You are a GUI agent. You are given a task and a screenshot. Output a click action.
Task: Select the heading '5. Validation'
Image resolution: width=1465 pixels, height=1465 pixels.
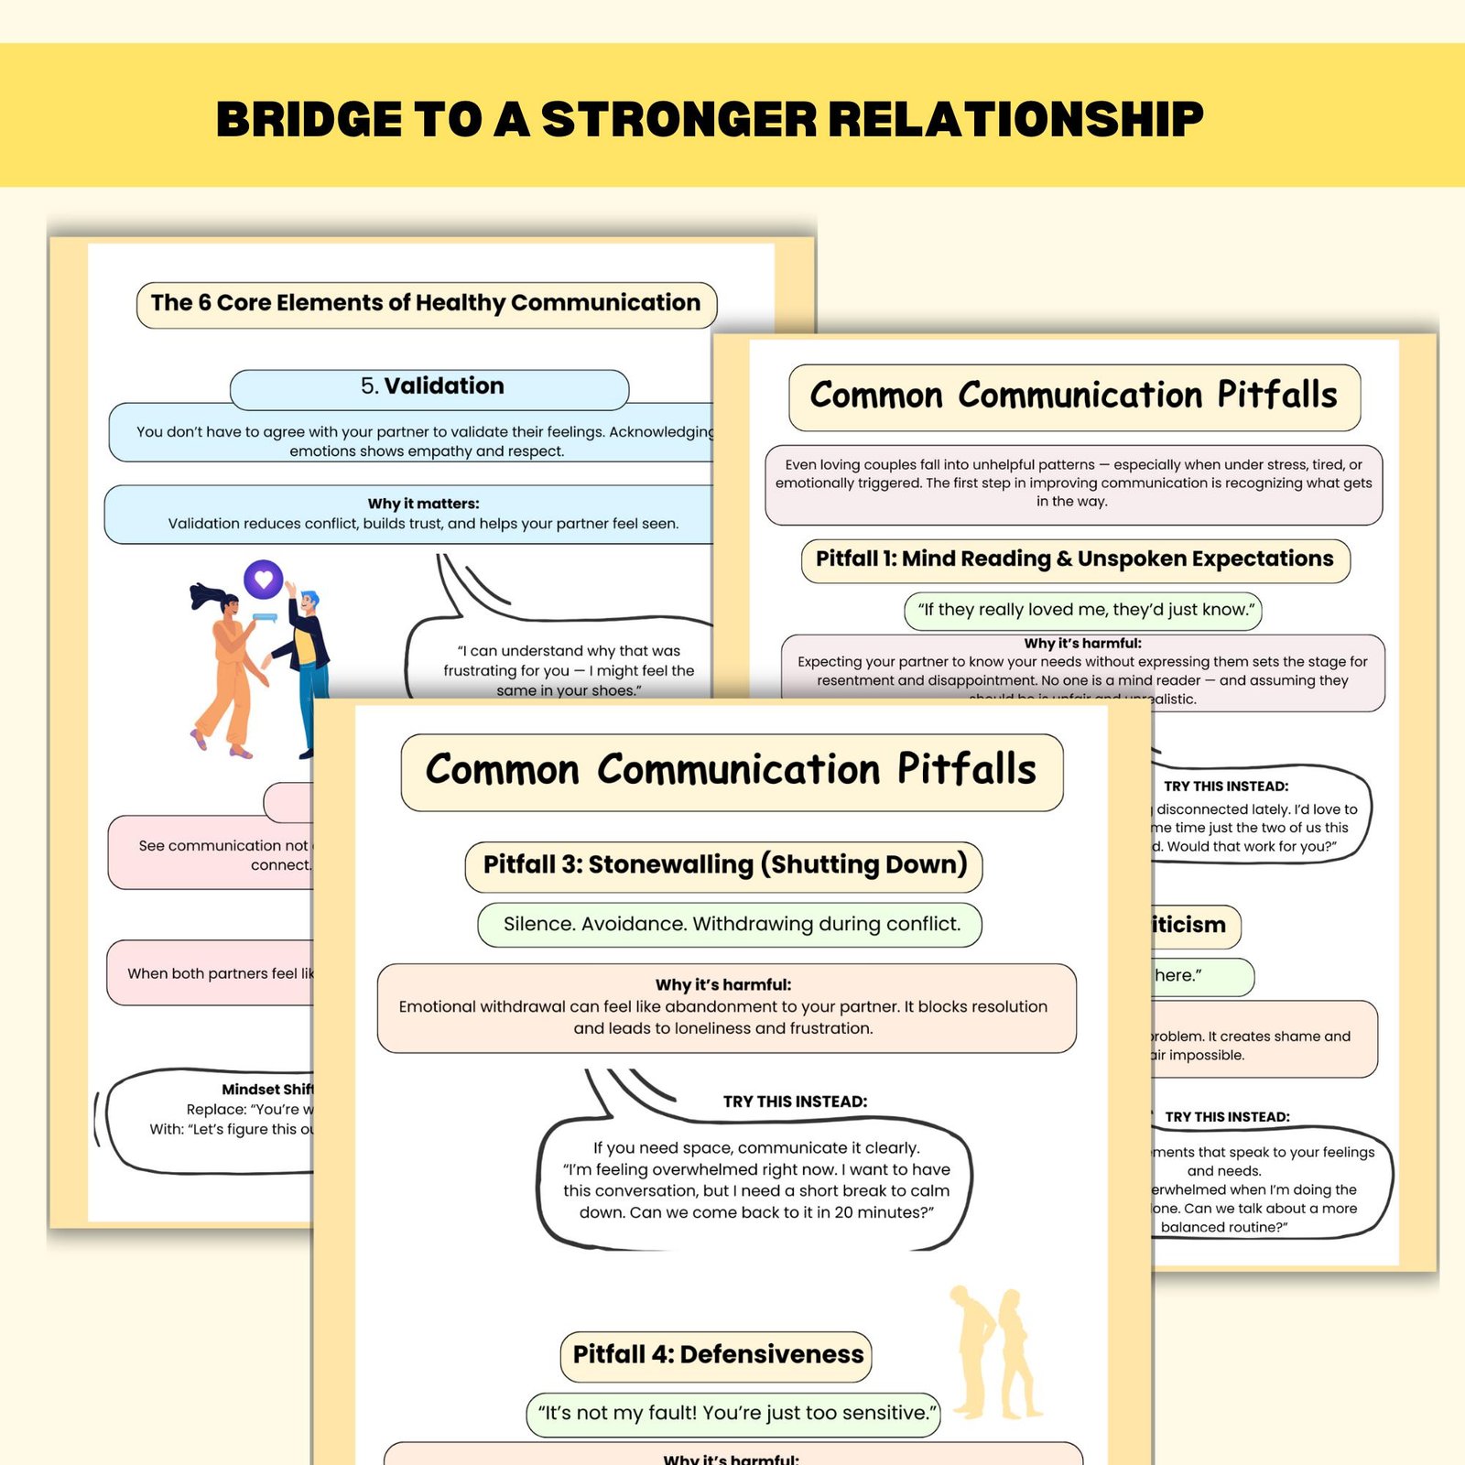pos(431,386)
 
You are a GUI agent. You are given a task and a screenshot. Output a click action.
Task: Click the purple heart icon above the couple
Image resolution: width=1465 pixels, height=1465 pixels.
pos(264,579)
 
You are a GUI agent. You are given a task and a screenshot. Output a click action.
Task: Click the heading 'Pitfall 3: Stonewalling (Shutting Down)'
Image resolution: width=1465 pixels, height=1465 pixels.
pos(724,865)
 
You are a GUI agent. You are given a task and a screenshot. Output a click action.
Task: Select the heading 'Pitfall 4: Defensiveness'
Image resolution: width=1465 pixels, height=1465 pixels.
pos(717,1355)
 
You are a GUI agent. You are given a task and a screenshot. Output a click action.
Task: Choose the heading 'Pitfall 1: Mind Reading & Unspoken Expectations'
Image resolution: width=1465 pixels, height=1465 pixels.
pos(1074,559)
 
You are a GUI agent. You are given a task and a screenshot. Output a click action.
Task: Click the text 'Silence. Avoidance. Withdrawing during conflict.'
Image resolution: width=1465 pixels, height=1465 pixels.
pos(732,925)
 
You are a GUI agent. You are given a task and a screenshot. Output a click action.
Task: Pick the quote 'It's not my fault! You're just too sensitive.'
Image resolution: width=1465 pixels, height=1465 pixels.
pos(736,1414)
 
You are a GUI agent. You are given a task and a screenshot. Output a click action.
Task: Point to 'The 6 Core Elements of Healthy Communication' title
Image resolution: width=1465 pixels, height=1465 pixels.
pos(426,303)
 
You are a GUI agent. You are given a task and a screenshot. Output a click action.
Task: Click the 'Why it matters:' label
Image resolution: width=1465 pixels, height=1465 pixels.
pos(423,504)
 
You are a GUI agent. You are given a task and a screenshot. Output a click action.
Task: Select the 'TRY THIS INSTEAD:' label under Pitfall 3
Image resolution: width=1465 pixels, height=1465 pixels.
pos(795,1101)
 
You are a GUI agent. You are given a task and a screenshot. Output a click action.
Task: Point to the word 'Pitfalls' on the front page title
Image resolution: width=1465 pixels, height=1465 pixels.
pos(966,770)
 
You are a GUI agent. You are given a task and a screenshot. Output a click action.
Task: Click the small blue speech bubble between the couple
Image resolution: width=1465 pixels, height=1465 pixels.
pos(264,618)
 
